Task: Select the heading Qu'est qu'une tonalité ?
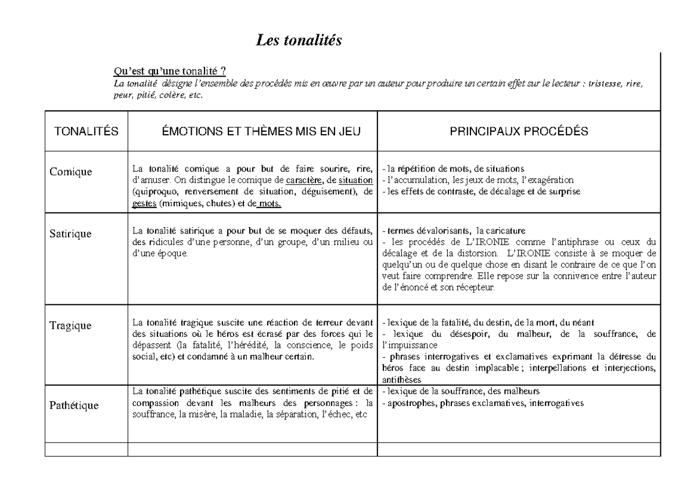[170, 71]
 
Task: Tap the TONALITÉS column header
[86, 132]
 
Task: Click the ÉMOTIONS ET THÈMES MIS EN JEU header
[253, 132]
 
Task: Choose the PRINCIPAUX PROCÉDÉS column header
[519, 132]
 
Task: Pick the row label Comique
[70, 171]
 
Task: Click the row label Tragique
[70, 325]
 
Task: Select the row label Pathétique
[74, 405]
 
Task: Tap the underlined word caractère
[303, 179]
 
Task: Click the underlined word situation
[355, 179]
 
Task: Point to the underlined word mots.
[270, 203]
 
